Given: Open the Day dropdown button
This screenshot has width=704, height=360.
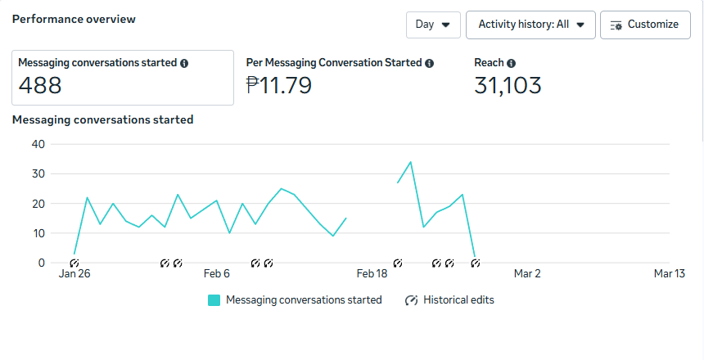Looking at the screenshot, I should point(433,25).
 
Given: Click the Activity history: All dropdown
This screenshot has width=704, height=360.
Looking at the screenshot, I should point(530,25).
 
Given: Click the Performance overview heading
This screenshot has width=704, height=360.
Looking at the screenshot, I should point(74,19).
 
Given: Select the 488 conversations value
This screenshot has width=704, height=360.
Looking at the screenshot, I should point(40,85).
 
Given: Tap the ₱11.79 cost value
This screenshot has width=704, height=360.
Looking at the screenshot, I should point(278,85).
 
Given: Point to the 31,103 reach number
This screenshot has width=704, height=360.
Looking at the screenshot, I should point(508,85).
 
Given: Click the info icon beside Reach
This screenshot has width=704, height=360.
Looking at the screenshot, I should point(511,63).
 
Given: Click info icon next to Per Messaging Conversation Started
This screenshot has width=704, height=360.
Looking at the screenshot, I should point(430,63).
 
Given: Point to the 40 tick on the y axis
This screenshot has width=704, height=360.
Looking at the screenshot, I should point(38,144).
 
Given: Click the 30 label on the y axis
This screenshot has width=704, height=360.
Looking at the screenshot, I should point(38,173).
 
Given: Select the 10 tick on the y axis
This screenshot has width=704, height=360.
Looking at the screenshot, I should point(38,233).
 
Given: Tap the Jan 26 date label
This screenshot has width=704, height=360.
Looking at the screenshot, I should point(74,274).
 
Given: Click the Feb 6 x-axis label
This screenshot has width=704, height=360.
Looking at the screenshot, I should point(217,274).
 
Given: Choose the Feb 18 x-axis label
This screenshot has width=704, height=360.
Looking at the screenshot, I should point(372,274).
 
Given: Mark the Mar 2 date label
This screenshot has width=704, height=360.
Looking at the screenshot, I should point(526,274).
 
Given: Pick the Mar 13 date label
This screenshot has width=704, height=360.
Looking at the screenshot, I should point(669,274).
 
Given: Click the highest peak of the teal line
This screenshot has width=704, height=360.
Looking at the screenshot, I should point(410,162).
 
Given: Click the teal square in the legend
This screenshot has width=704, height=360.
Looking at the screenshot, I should point(214,300).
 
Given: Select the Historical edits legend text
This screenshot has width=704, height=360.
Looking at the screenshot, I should point(458,300).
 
